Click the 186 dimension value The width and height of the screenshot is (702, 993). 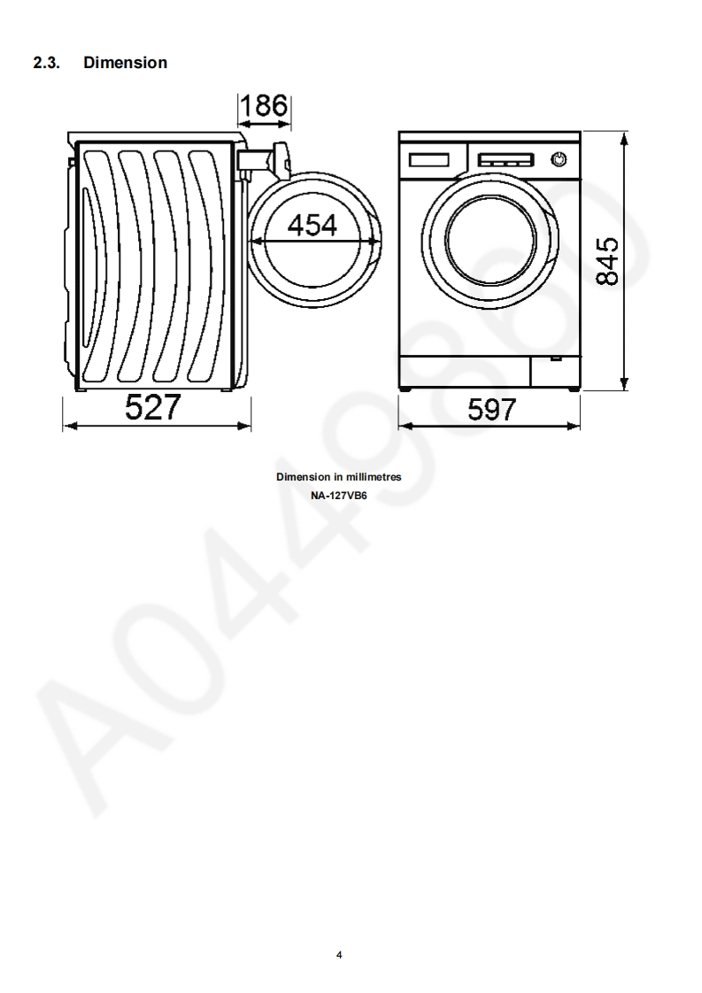(x=264, y=105)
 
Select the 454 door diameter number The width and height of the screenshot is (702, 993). (x=312, y=226)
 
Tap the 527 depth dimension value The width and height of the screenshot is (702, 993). (x=152, y=406)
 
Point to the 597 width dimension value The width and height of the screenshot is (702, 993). (x=491, y=410)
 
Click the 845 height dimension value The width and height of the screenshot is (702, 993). (x=607, y=261)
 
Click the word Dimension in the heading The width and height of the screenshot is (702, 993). (x=126, y=63)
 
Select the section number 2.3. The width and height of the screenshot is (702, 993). (x=46, y=63)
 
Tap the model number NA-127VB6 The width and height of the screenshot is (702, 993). (x=338, y=496)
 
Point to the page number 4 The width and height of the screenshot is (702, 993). (x=339, y=955)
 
